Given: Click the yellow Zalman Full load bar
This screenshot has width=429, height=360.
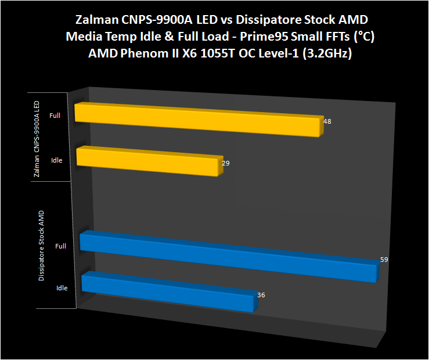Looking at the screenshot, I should [x=197, y=120].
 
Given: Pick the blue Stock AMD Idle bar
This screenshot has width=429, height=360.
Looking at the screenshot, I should [x=167, y=291].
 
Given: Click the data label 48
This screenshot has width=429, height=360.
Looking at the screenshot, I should [x=327, y=122].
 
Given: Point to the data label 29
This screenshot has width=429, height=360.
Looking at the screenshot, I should [x=226, y=163].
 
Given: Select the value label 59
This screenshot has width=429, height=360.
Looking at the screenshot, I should [x=384, y=260].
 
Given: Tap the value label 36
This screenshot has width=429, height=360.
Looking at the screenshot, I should [x=261, y=295].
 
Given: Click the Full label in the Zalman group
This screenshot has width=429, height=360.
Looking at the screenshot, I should [x=55, y=116].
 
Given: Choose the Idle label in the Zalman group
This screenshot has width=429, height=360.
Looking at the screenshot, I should [x=56, y=160].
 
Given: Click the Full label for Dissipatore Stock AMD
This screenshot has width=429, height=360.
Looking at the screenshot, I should [x=60, y=246].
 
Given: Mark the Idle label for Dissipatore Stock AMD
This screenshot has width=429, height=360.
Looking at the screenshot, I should [x=62, y=288].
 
